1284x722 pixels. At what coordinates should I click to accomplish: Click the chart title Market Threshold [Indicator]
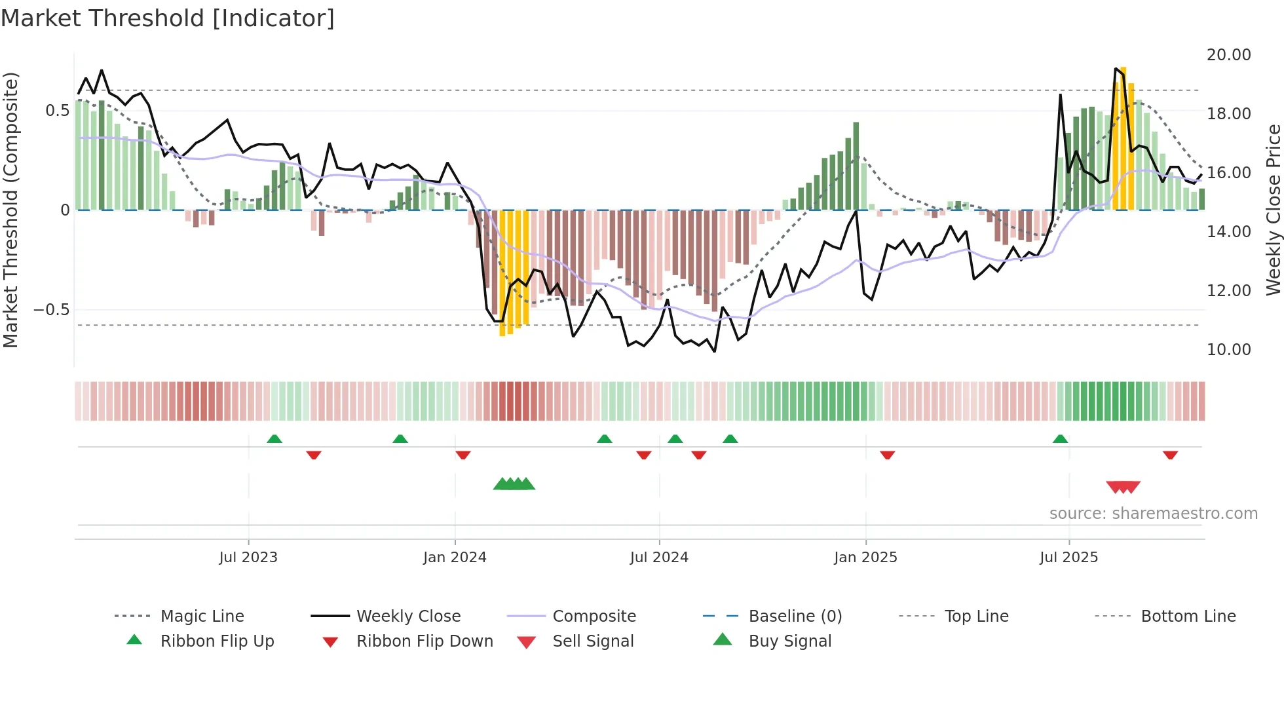168,18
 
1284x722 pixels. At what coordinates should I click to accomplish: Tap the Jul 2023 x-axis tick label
248,558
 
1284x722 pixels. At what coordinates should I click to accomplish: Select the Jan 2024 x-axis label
455,558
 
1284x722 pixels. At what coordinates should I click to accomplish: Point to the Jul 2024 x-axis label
659,558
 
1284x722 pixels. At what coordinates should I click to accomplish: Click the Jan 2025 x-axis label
865,558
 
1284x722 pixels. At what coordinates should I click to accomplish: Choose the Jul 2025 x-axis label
1068,558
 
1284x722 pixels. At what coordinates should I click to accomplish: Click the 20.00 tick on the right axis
1228,55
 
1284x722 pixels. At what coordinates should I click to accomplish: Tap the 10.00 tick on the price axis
1228,350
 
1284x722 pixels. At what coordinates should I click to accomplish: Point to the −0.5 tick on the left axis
52,310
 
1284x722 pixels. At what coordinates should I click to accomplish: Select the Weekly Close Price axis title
1273,210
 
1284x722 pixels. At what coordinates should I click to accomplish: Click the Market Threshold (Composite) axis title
10,210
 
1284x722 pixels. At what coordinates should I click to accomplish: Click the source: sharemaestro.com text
1153,514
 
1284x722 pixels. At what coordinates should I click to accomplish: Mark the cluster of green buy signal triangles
514,484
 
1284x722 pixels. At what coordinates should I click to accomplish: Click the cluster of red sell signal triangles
1123,487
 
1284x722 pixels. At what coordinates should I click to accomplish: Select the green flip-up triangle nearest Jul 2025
1060,439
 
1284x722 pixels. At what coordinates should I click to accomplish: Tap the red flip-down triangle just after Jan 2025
887,455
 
